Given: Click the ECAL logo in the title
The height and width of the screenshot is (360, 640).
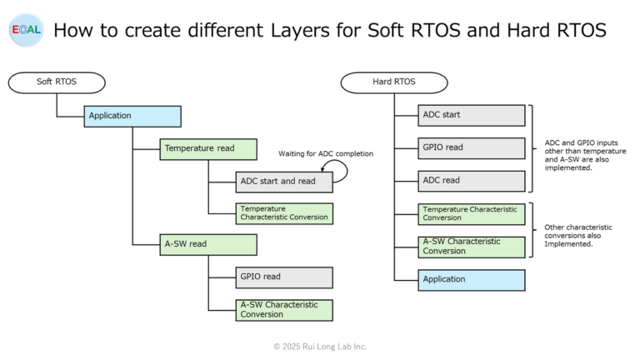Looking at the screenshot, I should click(25, 30).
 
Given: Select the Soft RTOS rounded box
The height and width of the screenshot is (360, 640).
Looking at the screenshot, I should click(57, 82).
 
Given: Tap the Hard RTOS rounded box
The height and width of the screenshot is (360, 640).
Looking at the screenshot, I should click(393, 82).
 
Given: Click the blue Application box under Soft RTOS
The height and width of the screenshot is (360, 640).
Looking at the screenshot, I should click(132, 116).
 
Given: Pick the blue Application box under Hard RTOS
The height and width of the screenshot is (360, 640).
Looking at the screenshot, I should click(472, 280).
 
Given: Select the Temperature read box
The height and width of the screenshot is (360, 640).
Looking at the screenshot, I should click(208, 149).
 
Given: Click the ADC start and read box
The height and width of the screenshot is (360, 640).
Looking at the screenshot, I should click(284, 181).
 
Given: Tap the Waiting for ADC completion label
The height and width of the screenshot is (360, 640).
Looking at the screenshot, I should click(326, 153).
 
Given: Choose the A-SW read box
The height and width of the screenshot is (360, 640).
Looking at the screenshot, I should click(208, 245).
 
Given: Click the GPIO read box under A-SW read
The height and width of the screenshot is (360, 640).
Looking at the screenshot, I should click(284, 277).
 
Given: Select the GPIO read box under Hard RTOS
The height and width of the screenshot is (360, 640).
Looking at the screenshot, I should click(472, 147).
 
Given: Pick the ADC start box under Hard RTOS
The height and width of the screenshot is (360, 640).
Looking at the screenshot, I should click(472, 115).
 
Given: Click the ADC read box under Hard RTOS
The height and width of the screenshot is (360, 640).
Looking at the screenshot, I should click(472, 181).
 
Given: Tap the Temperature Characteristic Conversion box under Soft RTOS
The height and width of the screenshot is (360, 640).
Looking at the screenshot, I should click(284, 213).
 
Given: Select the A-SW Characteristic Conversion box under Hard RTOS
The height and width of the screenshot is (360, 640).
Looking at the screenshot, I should click(472, 247).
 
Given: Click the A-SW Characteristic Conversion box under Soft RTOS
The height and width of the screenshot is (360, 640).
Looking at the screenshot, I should click(284, 310).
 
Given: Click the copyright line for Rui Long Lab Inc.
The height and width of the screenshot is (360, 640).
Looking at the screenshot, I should click(320, 346).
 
